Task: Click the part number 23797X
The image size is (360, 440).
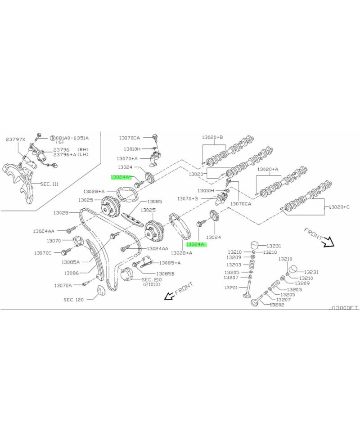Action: (x=16, y=140)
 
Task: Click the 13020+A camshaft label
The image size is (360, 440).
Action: (x=268, y=170)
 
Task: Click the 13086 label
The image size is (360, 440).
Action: (x=72, y=273)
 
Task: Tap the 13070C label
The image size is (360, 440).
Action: (x=43, y=253)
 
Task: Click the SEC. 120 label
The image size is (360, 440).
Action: (x=74, y=299)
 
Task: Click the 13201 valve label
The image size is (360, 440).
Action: (x=231, y=288)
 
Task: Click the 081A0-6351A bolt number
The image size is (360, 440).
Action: (x=72, y=138)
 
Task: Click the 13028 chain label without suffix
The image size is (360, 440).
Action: (x=61, y=212)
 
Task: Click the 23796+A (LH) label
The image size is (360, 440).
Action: (x=71, y=155)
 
